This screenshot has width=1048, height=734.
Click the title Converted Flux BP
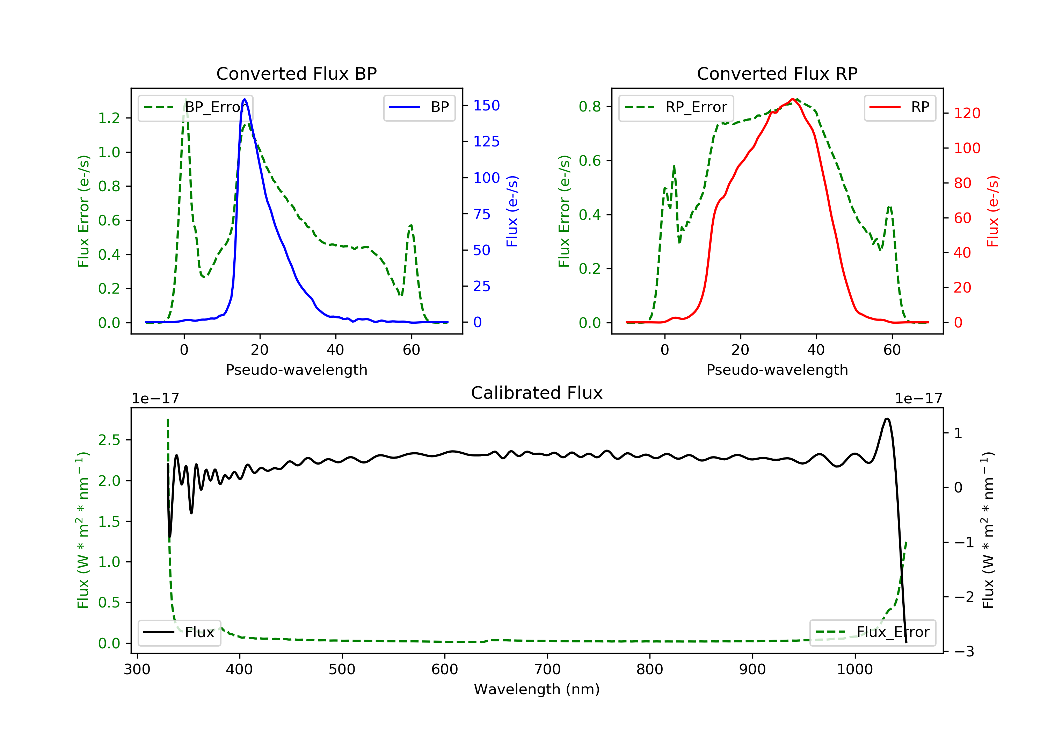[297, 73]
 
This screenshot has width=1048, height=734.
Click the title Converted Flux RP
[777, 73]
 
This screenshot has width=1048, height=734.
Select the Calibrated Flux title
[537, 393]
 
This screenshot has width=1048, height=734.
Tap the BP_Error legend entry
[195, 107]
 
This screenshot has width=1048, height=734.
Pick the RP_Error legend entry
[676, 107]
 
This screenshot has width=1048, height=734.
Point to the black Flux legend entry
[180, 633]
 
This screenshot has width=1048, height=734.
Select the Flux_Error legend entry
[873, 633]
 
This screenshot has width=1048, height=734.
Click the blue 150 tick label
[487, 106]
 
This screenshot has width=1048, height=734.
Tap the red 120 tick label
[967, 113]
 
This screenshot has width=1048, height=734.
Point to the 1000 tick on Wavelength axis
[855, 670]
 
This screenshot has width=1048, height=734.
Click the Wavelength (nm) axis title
[537, 689]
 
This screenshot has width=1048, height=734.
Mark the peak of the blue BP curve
[245, 99]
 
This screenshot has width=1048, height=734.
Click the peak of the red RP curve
[793, 99]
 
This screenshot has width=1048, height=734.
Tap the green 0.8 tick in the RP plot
[590, 107]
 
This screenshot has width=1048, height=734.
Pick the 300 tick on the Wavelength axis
[137, 670]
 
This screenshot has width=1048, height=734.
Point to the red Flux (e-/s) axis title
[993, 211]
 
